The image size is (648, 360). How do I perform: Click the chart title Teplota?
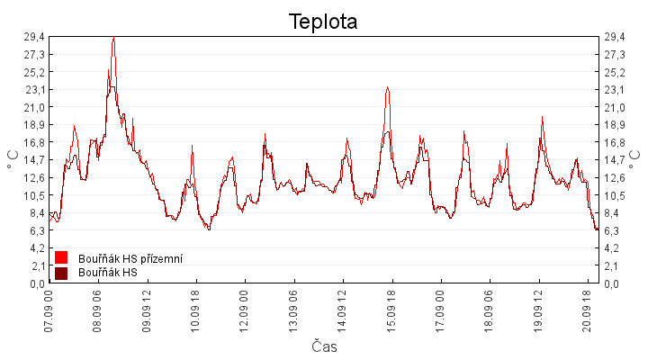click(x=323, y=22)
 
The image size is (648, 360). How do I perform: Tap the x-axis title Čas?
click(x=324, y=346)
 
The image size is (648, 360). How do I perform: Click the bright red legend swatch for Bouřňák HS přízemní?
click(x=61, y=257)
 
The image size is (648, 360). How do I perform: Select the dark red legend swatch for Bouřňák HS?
click(x=61, y=274)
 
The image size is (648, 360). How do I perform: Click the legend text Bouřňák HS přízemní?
click(x=130, y=258)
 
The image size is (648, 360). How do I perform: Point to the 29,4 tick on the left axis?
click(x=34, y=37)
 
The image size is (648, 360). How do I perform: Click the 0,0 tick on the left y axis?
click(x=37, y=283)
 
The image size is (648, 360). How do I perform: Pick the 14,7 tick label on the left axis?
click(x=34, y=160)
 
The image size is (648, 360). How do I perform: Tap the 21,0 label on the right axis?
click(x=615, y=108)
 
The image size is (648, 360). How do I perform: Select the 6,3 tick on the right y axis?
click(x=612, y=231)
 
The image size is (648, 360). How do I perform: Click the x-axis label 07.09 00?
click(x=49, y=310)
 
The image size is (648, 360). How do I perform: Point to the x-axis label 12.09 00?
click(x=244, y=310)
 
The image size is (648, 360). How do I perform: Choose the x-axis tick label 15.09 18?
click(x=391, y=310)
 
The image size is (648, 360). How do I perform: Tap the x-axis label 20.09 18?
click(x=587, y=310)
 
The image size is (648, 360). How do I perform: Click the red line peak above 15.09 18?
click(x=387, y=86)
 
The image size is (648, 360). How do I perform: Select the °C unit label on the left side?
click(x=13, y=159)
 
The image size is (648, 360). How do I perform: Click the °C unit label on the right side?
click(x=634, y=159)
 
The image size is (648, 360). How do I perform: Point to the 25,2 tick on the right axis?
click(x=615, y=73)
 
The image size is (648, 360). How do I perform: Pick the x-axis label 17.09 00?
click(x=440, y=310)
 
